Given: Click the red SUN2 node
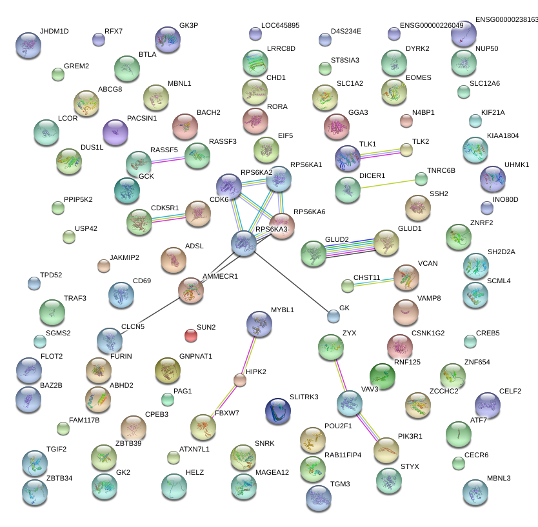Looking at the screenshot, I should click(x=191, y=335).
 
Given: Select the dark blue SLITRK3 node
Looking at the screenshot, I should click(x=278, y=411).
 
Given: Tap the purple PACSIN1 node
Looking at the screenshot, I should click(x=115, y=132).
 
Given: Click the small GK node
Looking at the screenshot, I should click(x=333, y=315).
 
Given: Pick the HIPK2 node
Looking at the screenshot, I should click(x=240, y=380).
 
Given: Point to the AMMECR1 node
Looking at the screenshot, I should click(x=191, y=290).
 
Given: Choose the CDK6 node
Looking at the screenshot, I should click(x=197, y=213).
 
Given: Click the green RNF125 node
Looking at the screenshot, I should click(x=382, y=377).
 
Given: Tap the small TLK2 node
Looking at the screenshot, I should click(x=406, y=150).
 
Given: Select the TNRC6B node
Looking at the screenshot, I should click(x=421, y=178).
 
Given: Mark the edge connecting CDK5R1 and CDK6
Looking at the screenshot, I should click(x=168, y=217).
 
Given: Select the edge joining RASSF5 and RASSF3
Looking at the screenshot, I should click(x=168, y=159).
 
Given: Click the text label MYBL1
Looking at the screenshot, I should click(x=282, y=310).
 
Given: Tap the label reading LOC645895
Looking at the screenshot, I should click(x=280, y=26).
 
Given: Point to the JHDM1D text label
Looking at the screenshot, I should click(x=54, y=31).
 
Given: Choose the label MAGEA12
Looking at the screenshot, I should click(x=272, y=473).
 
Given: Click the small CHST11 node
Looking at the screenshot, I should click(x=348, y=285).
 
